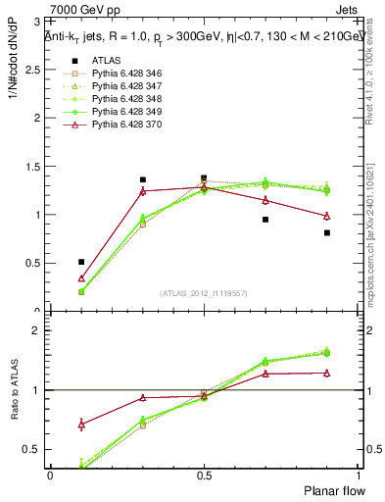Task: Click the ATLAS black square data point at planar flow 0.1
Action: pyautogui.click(x=81, y=262)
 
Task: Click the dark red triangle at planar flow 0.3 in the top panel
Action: pyautogui.click(x=143, y=191)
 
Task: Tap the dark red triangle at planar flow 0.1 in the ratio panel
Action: pyautogui.click(x=81, y=425)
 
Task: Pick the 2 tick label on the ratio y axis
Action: pyautogui.click(x=40, y=330)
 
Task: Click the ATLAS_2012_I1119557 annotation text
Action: pyautogui.click(x=204, y=294)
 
